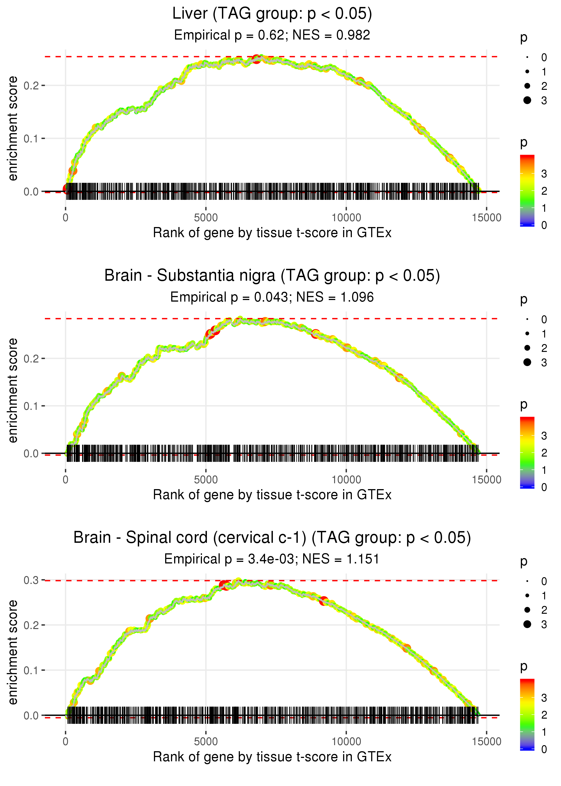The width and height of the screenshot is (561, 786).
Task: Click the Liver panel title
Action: click(272, 14)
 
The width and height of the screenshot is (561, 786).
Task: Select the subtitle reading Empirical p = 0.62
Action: click(272, 35)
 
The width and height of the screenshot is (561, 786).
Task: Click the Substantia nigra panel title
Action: click(272, 276)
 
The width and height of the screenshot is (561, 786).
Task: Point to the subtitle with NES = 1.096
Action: click(272, 297)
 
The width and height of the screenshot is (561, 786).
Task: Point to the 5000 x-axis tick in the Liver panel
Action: click(206, 218)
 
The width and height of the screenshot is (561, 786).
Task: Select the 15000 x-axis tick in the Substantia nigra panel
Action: click(486, 480)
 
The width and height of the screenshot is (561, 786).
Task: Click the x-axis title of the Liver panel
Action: click(272, 233)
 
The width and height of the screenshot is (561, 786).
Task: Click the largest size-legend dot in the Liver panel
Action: click(527, 100)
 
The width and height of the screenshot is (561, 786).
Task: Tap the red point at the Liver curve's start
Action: click(67, 189)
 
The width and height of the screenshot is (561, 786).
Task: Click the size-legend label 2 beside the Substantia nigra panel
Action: click(544, 348)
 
